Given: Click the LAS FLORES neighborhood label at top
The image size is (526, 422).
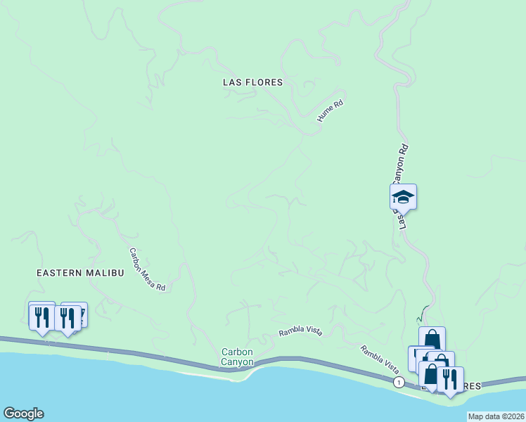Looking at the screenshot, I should pos(252,82).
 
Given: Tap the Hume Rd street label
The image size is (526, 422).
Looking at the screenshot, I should pos(329,111).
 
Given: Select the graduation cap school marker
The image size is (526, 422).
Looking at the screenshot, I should pos(404,196).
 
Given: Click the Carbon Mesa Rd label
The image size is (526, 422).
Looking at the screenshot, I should pos(147,269).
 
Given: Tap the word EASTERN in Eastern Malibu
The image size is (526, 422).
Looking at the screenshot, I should pos(61,272).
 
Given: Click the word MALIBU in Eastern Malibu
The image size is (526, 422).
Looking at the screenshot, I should pos(106,272).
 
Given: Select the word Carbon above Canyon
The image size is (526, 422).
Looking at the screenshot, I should pos(237,352).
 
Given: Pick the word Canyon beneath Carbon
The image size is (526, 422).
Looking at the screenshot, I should pos(237,362).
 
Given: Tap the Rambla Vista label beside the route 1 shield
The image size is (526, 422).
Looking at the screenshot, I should pos(380,359).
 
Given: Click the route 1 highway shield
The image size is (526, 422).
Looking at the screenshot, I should pos(399,382).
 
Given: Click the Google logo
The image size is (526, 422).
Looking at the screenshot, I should pos(23,414).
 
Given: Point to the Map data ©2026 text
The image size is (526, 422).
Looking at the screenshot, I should pos(496,416).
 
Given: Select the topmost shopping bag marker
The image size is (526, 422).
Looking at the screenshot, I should pos(432,339).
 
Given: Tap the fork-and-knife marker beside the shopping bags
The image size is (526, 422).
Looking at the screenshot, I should pos(450,378).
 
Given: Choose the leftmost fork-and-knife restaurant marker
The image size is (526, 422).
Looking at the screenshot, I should pos(41,316).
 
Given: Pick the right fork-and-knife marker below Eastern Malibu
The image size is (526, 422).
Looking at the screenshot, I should pos(68,317).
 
